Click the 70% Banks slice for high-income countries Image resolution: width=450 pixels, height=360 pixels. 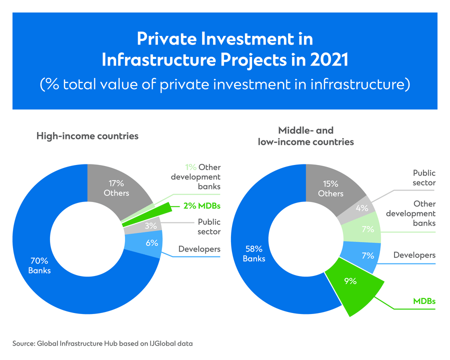[x=40, y=265]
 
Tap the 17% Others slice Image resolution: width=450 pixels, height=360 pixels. [x=116, y=187]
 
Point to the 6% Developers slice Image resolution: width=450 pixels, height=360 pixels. [x=152, y=243]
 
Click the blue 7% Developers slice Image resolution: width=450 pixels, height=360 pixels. [x=368, y=255]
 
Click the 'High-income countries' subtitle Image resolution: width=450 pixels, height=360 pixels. [x=87, y=136]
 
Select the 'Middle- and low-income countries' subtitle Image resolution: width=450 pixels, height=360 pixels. [x=305, y=136]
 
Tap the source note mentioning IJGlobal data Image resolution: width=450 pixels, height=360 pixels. [x=102, y=343]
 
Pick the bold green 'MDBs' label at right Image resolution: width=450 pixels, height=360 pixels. [x=424, y=301]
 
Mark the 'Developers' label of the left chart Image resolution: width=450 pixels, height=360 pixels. [x=199, y=249]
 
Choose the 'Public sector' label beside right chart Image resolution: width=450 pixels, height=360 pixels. [x=424, y=177]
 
